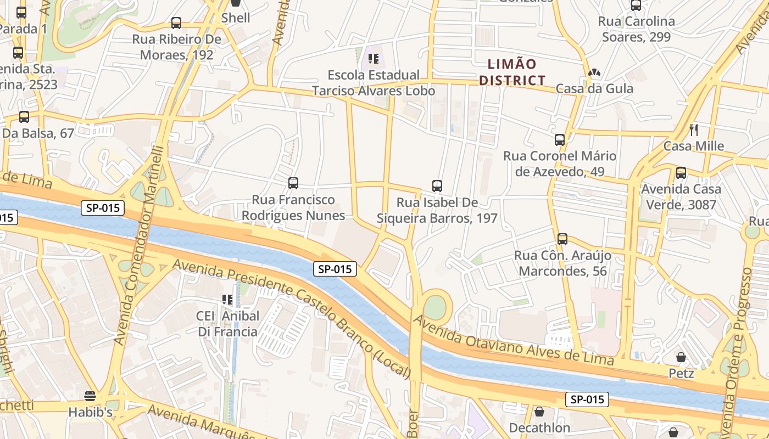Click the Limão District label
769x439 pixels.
(512, 72)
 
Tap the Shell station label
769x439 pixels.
(236, 18)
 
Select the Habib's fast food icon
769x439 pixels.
(90, 396)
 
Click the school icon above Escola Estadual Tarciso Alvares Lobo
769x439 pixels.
(374, 58)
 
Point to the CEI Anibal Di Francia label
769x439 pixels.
(227, 324)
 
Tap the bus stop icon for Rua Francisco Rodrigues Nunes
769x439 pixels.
(293, 183)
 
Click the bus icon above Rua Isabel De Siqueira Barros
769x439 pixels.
(437, 186)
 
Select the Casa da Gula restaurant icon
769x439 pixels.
(594, 72)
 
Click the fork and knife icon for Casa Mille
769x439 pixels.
(694, 130)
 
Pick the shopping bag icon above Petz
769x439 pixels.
(681, 358)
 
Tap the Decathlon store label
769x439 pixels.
(539, 427)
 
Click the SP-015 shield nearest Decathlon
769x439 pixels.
(587, 399)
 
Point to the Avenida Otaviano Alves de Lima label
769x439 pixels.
(513, 340)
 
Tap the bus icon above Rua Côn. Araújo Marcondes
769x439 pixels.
(562, 239)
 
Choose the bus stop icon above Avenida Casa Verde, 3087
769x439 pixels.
(681, 173)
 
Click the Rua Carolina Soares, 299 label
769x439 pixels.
(637, 29)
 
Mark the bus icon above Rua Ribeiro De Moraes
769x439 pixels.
(176, 23)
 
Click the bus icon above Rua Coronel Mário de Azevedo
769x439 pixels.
(560, 140)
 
